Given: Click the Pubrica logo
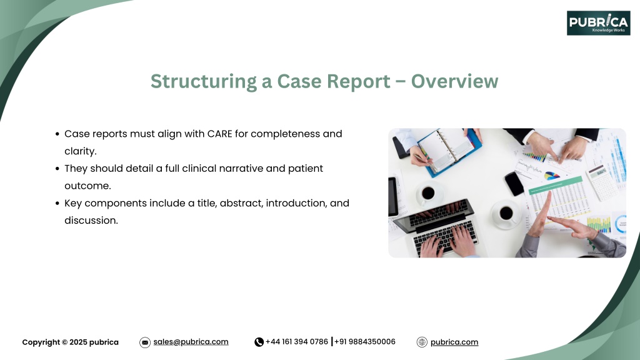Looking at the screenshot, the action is pyautogui.click(x=598, y=23).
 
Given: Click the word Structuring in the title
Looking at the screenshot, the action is pyautogui.click(x=204, y=81).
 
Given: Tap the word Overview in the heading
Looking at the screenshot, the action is pyautogui.click(x=454, y=81).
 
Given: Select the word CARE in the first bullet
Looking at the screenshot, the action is pyautogui.click(x=219, y=134).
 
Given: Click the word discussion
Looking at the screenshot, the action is pyautogui.click(x=91, y=221).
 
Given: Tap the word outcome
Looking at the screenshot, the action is pyautogui.click(x=87, y=186).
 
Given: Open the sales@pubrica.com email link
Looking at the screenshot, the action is pyautogui.click(x=191, y=342).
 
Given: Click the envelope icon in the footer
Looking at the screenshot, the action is pyautogui.click(x=145, y=342).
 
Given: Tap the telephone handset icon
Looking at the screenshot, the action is pyautogui.click(x=259, y=342).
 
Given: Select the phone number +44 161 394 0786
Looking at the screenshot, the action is pyautogui.click(x=297, y=342).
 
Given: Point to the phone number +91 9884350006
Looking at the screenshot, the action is pyautogui.click(x=365, y=342).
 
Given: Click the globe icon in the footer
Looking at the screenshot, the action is pyautogui.click(x=422, y=342).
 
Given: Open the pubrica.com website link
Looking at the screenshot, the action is pyautogui.click(x=454, y=342).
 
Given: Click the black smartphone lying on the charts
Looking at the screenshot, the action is pyautogui.click(x=514, y=184).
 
